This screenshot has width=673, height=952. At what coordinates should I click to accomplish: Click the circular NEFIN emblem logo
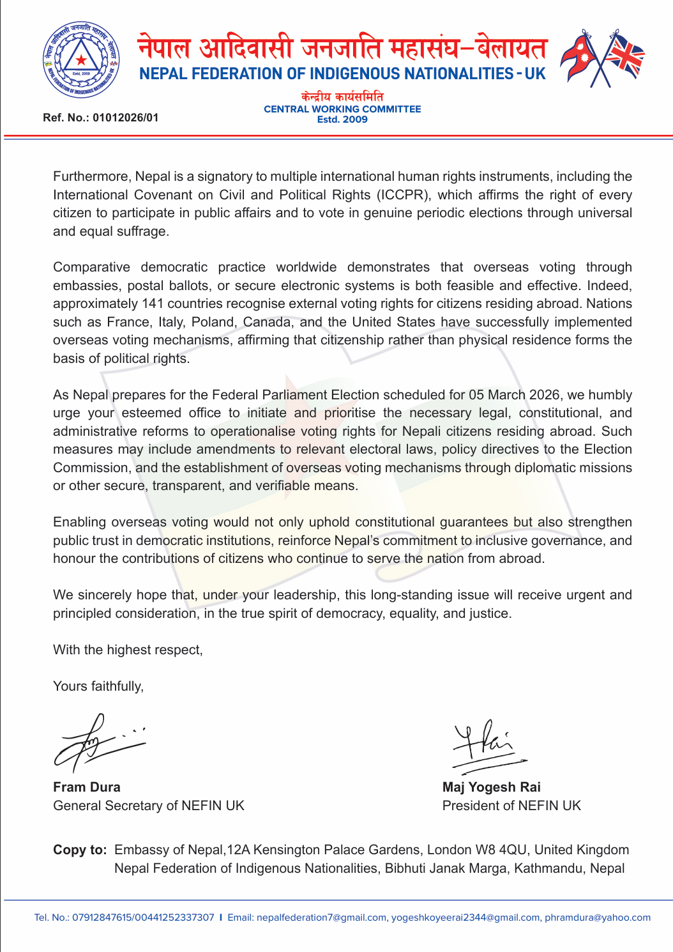[81, 59]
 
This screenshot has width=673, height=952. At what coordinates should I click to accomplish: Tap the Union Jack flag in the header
[623, 56]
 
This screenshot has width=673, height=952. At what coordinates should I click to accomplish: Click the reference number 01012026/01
[125, 118]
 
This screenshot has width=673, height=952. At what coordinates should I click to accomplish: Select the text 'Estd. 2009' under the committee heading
[342, 119]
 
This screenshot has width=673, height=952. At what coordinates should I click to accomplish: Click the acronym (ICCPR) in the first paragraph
[402, 195]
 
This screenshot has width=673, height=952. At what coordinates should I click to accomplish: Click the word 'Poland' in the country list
[213, 322]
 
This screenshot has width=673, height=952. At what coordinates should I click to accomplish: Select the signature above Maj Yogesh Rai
[487, 745]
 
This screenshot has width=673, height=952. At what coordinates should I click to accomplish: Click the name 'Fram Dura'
[87, 787]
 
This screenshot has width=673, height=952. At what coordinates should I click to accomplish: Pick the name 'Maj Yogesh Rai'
[491, 787]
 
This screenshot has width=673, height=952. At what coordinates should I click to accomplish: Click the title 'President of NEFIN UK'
[511, 806]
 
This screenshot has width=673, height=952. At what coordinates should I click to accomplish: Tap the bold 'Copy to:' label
[80, 850]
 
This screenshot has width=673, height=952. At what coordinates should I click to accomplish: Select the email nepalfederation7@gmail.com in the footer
[321, 917]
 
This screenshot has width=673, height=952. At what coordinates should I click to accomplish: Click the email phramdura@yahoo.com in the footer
[597, 917]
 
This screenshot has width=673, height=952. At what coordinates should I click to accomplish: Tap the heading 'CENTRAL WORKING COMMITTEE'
[342, 109]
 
